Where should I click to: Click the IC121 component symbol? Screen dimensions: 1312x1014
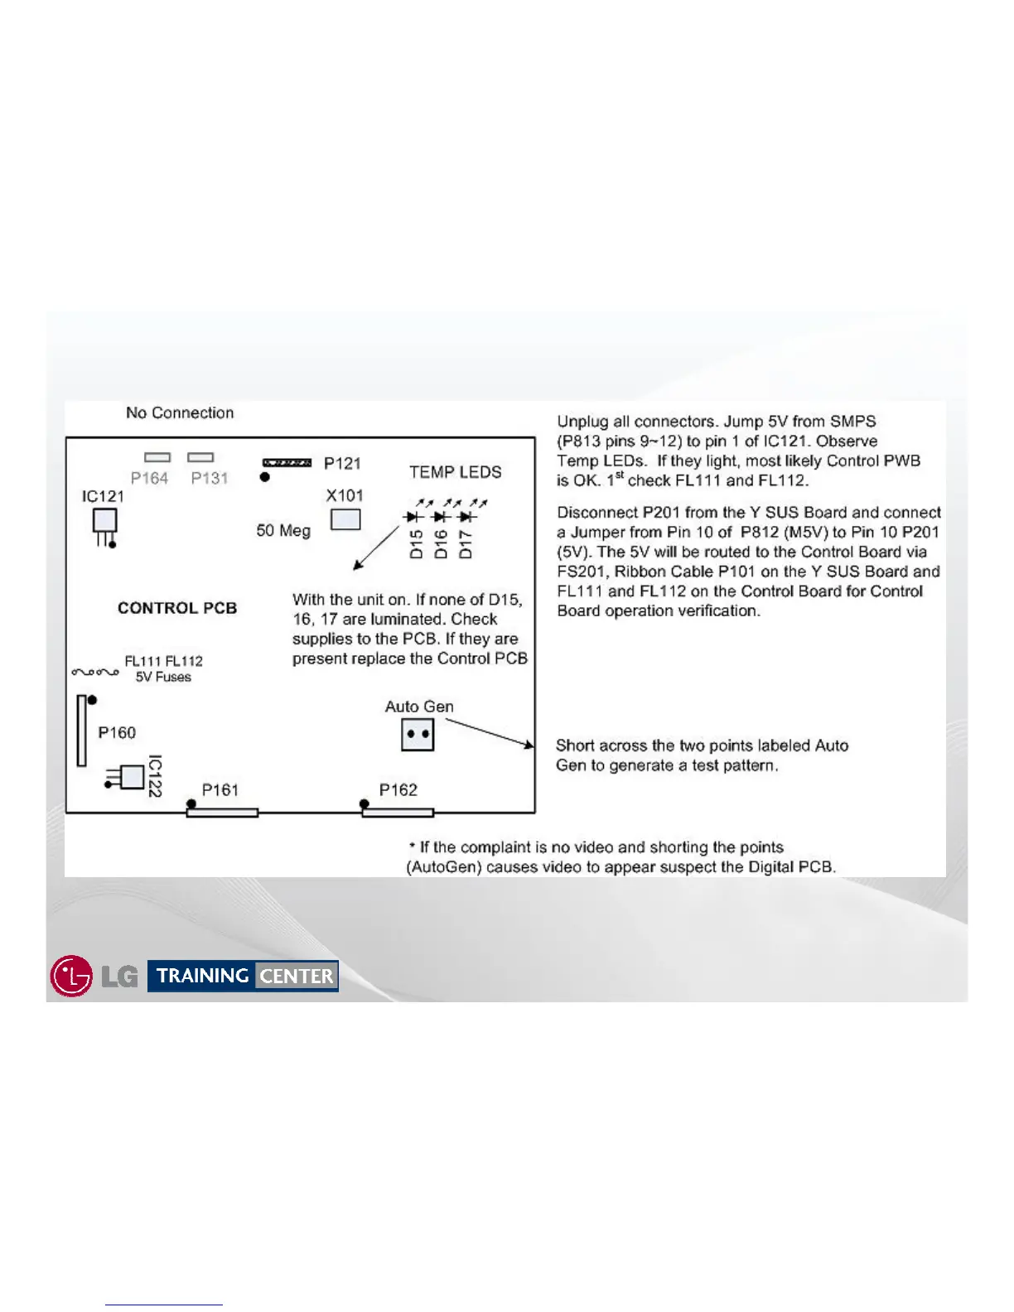(104, 522)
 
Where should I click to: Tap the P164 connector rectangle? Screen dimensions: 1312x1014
(157, 457)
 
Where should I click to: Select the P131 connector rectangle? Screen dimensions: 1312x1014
(200, 457)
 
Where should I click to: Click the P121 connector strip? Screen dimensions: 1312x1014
(287, 463)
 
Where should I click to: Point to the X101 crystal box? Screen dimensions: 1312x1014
(345, 519)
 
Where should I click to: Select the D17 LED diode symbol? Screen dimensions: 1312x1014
(466, 517)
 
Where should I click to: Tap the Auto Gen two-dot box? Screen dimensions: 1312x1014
(418, 735)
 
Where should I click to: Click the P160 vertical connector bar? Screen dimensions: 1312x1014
(81, 731)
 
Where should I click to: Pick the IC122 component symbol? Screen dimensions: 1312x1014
(131, 777)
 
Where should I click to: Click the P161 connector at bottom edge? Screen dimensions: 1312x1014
(222, 813)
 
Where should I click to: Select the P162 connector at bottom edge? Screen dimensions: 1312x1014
(398, 813)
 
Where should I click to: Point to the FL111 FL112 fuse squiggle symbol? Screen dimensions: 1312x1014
(95, 672)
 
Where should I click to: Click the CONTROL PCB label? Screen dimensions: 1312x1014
(177, 608)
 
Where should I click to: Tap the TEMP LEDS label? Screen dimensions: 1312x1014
(455, 472)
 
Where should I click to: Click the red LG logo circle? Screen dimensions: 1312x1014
(71, 976)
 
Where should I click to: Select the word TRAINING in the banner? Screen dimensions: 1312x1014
(203, 976)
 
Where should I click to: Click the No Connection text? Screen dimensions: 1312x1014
(180, 412)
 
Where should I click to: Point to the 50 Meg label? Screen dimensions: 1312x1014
(283, 530)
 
